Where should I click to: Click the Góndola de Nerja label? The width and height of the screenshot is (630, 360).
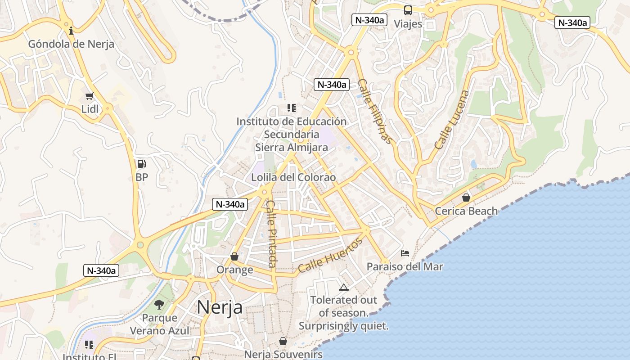coord(71,44)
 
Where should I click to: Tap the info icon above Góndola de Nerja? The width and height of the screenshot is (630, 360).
coord(71,31)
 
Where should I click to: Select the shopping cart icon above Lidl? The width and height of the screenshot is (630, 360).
coord(90,96)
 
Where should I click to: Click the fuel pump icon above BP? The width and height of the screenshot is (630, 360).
coord(141,164)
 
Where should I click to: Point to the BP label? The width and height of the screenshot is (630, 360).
coord(142,177)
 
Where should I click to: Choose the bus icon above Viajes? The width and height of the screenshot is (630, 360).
coord(408,10)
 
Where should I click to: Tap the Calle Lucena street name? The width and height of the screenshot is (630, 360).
coord(452,120)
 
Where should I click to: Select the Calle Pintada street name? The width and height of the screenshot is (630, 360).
coord(272,234)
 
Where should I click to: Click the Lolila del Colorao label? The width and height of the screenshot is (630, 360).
coord(293,177)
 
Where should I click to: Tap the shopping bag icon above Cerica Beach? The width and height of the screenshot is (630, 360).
coord(466,198)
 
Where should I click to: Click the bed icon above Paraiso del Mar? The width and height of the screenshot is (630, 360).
coord(405,253)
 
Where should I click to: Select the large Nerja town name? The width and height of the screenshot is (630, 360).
coord(220,307)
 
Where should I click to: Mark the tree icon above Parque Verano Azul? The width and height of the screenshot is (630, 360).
coord(159,305)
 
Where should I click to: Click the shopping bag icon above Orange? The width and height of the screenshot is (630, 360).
coord(234,256)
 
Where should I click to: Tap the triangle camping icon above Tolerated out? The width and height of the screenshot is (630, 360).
coord(344,287)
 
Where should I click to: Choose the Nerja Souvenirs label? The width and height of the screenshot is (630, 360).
coord(283,355)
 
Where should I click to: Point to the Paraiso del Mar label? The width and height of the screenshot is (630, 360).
coord(405,267)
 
